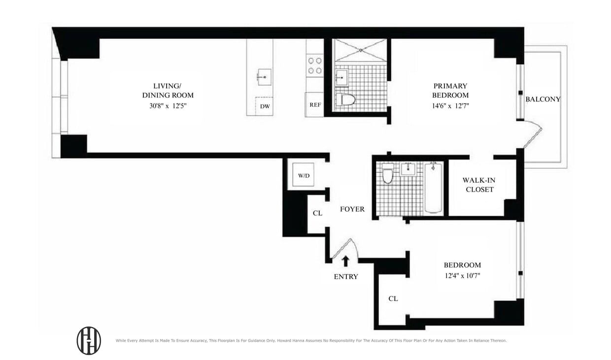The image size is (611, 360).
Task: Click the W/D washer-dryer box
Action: pyautogui.click(x=303, y=175)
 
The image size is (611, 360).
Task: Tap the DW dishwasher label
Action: pyautogui.click(x=265, y=106)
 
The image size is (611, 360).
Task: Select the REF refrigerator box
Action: pyautogui.click(x=315, y=104)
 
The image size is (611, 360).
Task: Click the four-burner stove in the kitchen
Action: pyautogui.click(x=315, y=66)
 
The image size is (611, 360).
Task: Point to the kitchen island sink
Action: pyautogui.click(x=264, y=77)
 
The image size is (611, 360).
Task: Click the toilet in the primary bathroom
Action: pyautogui.click(x=348, y=99)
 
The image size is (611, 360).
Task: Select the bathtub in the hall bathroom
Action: pyautogui.click(x=433, y=188)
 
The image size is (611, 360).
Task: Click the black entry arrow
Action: pyautogui.click(x=346, y=261)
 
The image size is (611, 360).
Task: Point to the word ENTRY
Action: pyautogui.click(x=346, y=277)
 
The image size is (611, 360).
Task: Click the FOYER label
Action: pyautogui.click(x=352, y=209)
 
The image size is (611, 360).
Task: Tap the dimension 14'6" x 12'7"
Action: pyautogui.click(x=450, y=105)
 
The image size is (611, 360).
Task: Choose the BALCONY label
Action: pyautogui.click(x=543, y=99)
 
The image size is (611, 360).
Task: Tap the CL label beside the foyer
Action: pyautogui.click(x=318, y=213)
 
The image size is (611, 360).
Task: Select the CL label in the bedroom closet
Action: pyautogui.click(x=393, y=298)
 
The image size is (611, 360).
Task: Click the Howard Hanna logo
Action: pyautogui.click(x=89, y=340)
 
